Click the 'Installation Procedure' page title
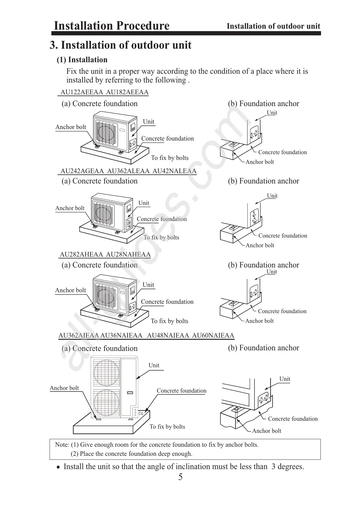111,26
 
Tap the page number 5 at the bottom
180,477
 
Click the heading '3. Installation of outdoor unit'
120,45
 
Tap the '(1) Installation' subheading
82,60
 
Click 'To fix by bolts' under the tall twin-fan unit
167,426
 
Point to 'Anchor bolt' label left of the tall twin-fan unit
64,388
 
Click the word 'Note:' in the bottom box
62,445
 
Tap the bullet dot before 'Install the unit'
58,467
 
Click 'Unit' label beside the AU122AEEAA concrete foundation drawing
148,122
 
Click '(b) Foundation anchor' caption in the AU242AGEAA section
263,181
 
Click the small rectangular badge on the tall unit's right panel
130,393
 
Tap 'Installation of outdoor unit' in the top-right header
273,26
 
